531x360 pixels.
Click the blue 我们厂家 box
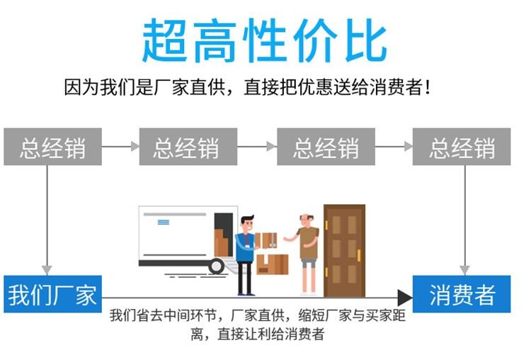(x=52, y=294)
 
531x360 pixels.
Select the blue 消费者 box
(x=462, y=294)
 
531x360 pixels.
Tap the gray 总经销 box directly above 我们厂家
(x=52, y=147)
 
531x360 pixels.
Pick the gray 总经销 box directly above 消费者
(x=462, y=147)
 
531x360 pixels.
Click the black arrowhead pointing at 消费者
(x=404, y=298)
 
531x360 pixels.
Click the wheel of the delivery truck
(x=217, y=266)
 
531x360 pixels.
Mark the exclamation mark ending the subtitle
(x=428, y=89)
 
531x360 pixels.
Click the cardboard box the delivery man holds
(x=266, y=240)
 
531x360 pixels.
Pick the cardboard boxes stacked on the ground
(x=273, y=264)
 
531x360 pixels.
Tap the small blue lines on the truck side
(x=164, y=222)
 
